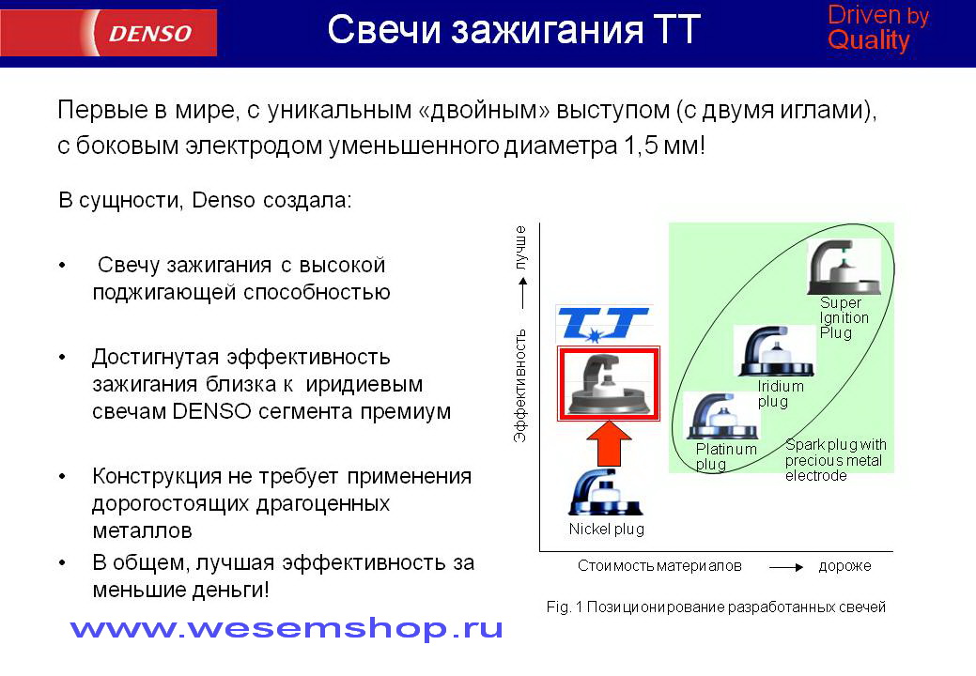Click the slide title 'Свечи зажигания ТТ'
point(514,29)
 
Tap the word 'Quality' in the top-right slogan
point(869,40)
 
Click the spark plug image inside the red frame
point(608,384)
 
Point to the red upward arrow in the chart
point(609,443)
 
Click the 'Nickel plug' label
point(606,530)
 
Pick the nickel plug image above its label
point(605,492)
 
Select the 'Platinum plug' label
point(726,456)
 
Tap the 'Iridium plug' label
point(781,393)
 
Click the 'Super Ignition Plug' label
point(844,317)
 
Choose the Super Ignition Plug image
point(844,267)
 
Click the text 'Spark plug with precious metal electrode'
point(835,460)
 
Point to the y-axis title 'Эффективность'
point(520,386)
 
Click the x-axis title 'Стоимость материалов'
point(659,566)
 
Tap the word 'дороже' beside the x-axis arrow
point(844,566)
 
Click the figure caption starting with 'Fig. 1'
point(716,607)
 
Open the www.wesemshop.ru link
point(287,629)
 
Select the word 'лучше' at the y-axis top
point(520,247)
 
